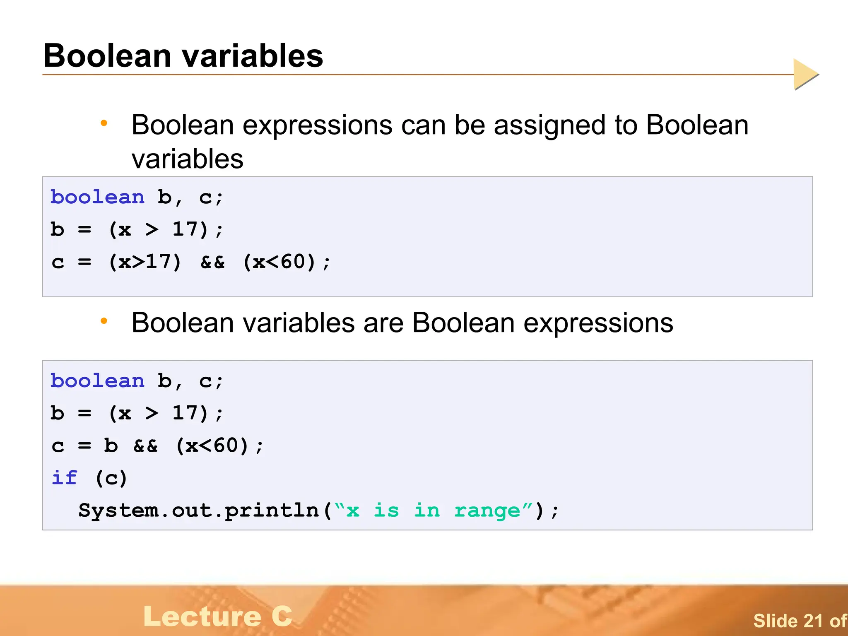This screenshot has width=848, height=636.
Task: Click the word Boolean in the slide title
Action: tap(107, 56)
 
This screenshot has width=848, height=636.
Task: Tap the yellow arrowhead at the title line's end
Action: tap(805, 74)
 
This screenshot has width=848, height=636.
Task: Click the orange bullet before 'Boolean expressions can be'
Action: tap(104, 123)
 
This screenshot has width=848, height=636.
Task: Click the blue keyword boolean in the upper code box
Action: tap(98, 197)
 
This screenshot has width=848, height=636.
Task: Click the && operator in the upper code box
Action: tap(212, 262)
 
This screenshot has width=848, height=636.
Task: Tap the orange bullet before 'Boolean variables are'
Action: tap(104, 321)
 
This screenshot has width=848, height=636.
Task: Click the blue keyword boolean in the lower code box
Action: tap(98, 381)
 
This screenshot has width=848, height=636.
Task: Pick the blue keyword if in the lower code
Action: tap(64, 477)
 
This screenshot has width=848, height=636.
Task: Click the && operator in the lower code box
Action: tap(145, 446)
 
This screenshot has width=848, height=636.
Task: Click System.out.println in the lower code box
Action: tap(199, 510)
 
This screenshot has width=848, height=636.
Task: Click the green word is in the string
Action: tap(386, 510)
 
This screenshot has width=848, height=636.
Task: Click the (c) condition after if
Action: tap(111, 478)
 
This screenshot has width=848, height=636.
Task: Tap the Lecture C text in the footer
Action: tap(218, 616)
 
